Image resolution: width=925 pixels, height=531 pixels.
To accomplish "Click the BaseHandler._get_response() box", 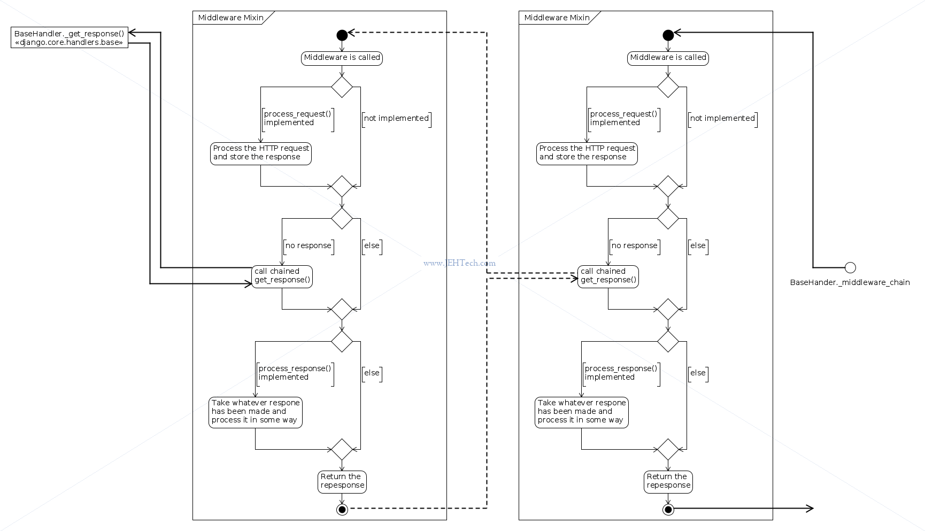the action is pos(70,37).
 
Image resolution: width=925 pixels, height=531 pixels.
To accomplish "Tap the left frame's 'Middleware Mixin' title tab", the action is pos(231,18).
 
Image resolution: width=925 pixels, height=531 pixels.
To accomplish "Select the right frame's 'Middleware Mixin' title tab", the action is pos(557,18).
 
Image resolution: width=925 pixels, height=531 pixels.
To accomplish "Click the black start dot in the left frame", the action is pos(342,35).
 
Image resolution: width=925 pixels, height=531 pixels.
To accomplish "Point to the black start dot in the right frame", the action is pos(668,35).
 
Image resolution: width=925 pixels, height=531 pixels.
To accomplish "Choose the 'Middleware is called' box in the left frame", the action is pos(342,58).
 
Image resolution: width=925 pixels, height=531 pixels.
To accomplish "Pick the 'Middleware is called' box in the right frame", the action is pos(668,58).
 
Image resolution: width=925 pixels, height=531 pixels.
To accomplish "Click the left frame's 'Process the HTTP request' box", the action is pos(261,153).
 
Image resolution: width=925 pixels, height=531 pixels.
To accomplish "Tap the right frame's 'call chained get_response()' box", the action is pos(608,276).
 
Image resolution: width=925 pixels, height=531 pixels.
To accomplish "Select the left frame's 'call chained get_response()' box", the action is pos(282,276).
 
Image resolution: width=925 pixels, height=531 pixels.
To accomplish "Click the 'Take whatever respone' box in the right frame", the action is pos(582,412).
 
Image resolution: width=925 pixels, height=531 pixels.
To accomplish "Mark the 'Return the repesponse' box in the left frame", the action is pos(342,481).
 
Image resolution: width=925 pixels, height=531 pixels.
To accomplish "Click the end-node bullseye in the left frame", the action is pos(342,509).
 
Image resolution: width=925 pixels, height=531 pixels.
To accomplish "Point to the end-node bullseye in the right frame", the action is pos(668,509).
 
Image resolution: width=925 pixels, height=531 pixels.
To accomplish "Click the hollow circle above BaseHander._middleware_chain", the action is pos(850,267).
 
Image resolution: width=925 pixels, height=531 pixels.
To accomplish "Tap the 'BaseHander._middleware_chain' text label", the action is pos(850,282).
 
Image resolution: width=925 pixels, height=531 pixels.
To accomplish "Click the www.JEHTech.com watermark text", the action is pos(459,263).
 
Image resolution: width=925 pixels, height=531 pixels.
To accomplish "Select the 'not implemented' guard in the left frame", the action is pos(397,119).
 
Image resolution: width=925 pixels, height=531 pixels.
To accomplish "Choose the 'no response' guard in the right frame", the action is pos(635,246).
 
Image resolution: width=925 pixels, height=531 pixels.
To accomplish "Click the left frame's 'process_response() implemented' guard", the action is pos(295,373).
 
